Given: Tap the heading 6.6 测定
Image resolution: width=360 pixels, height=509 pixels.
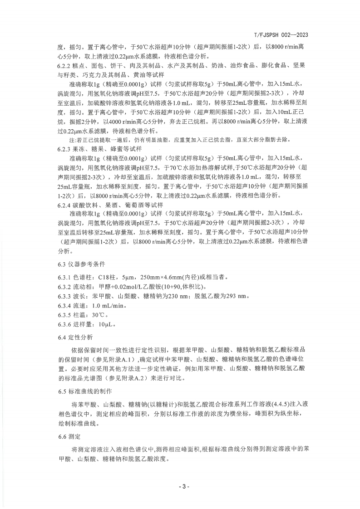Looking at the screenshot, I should (x=69, y=436).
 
